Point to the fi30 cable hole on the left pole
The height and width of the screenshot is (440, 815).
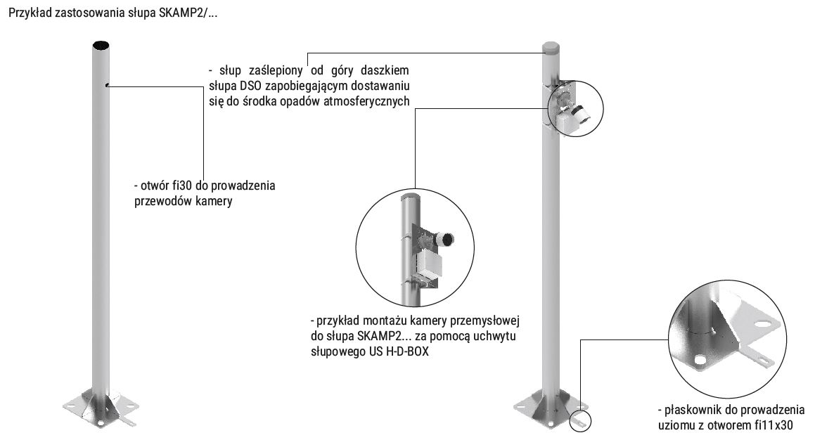(107, 86)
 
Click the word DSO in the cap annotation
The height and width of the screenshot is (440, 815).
(237, 86)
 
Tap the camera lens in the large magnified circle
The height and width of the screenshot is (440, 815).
(446, 240)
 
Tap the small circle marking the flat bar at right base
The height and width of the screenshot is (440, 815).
(583, 421)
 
